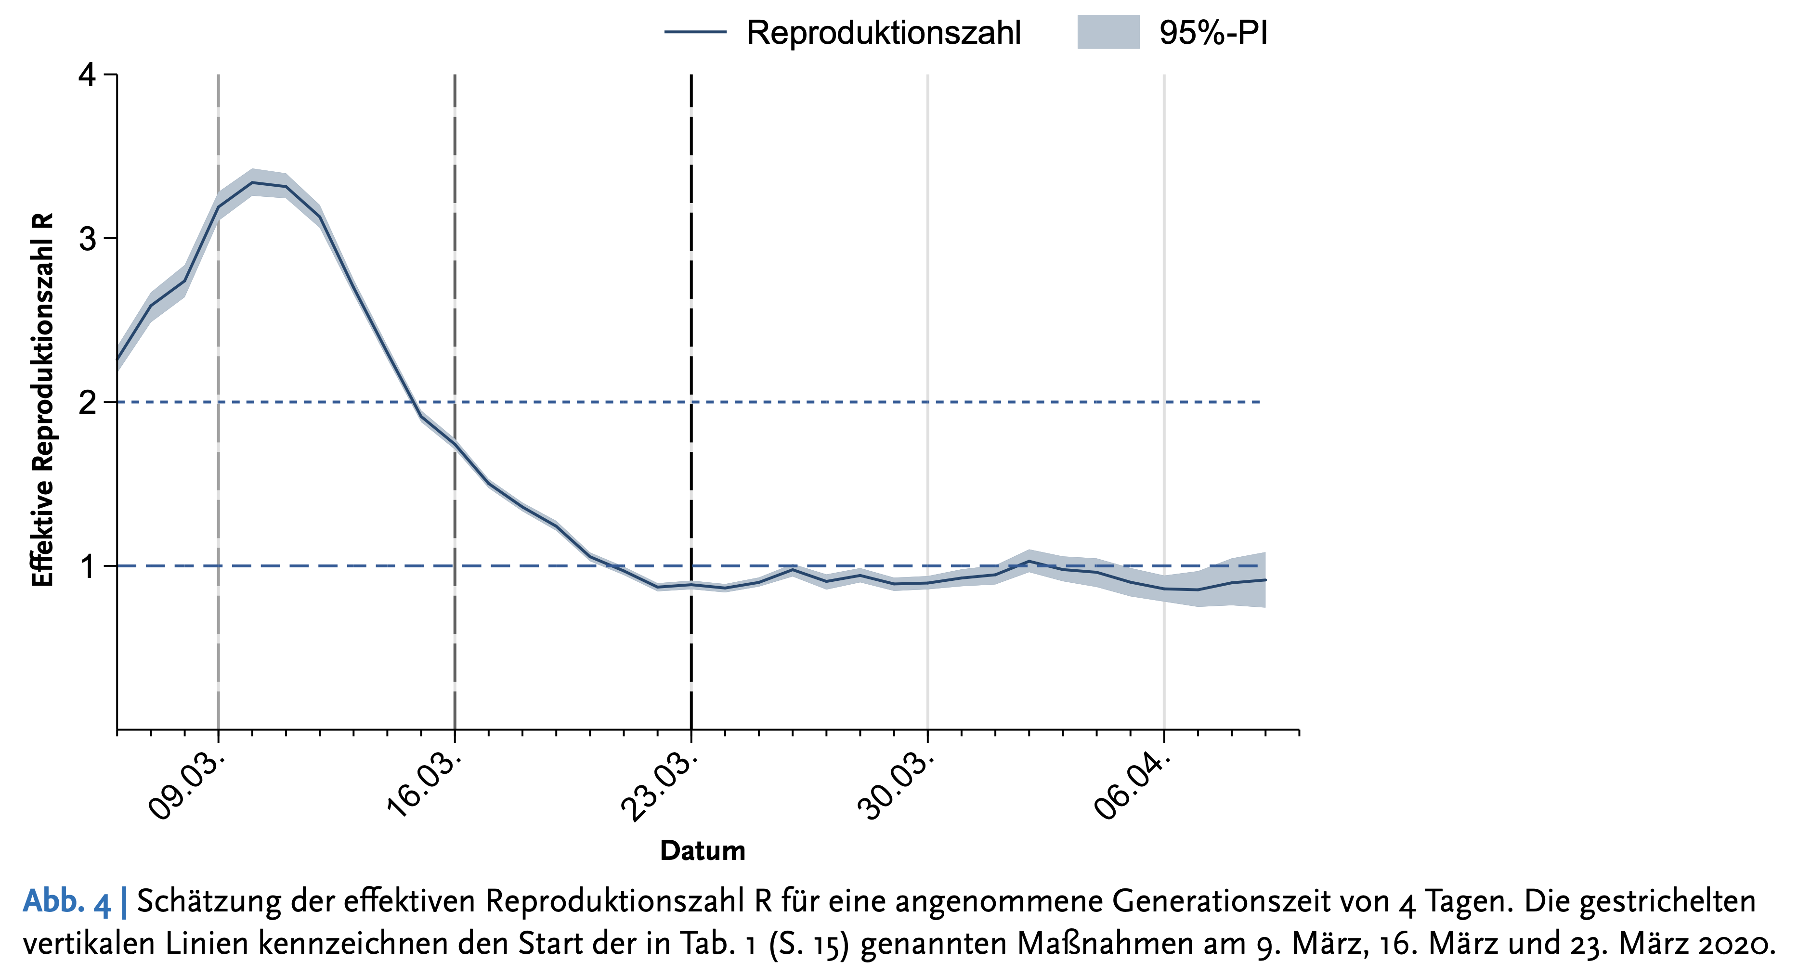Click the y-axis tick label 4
(87, 75)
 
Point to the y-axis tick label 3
(87, 239)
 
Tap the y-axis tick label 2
(87, 403)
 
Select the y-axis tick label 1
(87, 566)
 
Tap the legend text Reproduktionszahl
(884, 33)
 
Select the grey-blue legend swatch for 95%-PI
(1108, 33)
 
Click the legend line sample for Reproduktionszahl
(695, 33)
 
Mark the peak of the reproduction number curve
(252, 183)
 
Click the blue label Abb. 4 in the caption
(67, 901)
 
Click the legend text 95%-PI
(1213, 33)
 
